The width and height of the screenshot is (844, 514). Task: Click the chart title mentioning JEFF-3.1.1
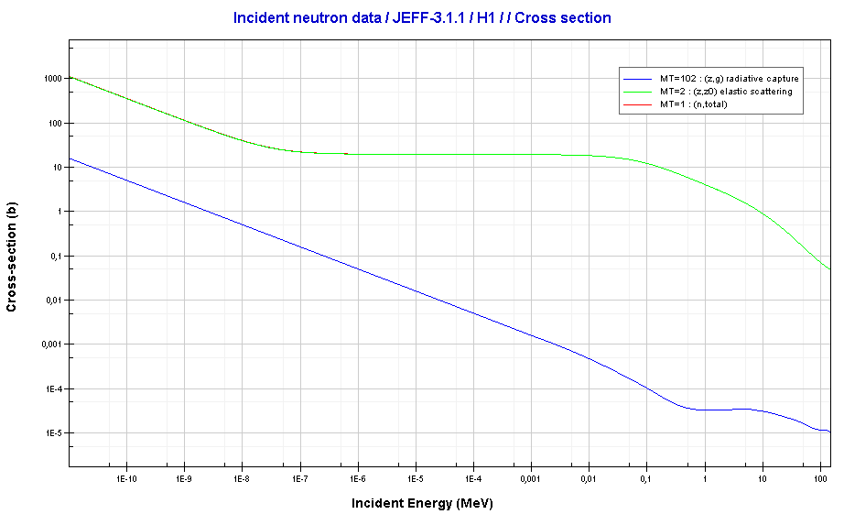[x=422, y=17]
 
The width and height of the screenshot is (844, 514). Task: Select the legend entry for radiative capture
[x=730, y=79]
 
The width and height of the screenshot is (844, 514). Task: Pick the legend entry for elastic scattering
[x=726, y=92]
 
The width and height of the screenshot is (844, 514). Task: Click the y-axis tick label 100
[x=52, y=123]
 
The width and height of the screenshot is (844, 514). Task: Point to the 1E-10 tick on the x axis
[x=126, y=478]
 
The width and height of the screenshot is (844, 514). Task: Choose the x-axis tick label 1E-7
[x=299, y=478]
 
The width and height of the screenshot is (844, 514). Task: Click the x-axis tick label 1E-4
[x=473, y=478]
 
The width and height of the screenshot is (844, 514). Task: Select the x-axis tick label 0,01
[x=589, y=478]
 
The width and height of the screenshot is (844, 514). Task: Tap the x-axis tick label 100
[x=819, y=478]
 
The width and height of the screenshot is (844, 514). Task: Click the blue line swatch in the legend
[x=639, y=79]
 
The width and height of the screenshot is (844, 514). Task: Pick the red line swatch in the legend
[x=639, y=104]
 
